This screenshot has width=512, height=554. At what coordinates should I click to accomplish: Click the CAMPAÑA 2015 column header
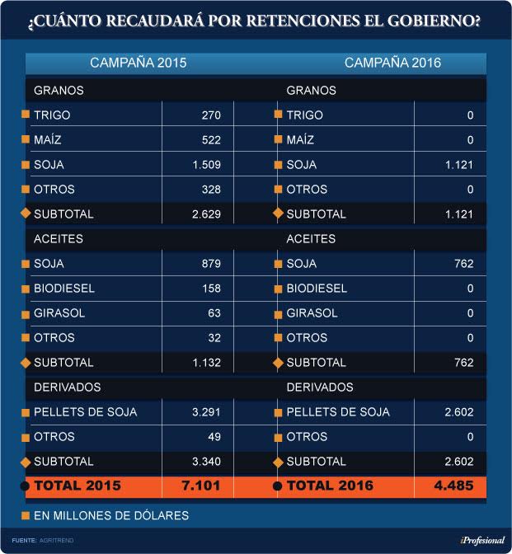139,63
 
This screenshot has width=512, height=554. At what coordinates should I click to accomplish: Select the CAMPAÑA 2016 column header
392,63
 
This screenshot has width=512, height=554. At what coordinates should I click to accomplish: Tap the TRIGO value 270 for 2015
211,115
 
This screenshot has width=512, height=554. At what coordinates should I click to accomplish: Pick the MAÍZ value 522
211,140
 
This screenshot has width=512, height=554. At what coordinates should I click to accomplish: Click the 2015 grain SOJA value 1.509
207,165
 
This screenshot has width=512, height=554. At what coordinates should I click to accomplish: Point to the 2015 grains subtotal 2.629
207,214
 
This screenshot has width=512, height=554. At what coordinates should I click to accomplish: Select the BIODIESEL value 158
211,289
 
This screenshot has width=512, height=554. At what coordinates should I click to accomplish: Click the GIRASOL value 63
214,313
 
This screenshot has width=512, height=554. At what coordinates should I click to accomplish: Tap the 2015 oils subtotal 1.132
207,363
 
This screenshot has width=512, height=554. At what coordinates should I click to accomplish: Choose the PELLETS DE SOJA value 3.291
206,412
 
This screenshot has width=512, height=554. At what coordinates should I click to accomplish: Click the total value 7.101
201,486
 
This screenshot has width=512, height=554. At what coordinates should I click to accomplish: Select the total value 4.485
453,486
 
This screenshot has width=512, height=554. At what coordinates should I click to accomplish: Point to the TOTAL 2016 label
330,486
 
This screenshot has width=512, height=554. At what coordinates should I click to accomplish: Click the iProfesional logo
482,541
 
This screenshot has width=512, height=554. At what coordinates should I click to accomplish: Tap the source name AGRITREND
57,541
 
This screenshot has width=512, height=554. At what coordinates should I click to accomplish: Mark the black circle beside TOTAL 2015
25,486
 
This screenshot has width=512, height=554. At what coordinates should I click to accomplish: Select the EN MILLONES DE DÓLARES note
111,516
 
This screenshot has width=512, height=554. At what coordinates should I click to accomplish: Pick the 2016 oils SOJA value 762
464,264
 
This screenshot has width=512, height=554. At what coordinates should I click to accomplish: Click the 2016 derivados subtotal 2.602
459,462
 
